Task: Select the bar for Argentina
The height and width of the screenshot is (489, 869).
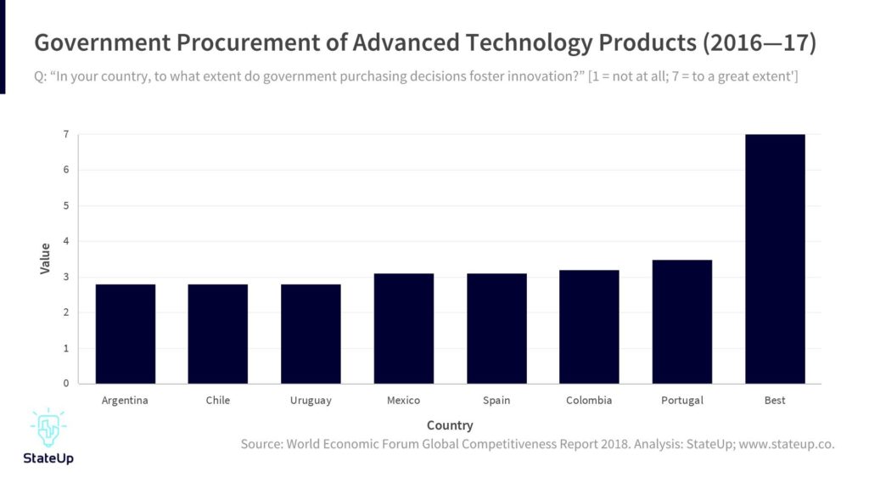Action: click(125, 334)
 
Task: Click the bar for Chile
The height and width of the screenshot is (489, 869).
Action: click(218, 334)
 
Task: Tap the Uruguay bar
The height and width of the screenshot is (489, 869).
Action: click(311, 334)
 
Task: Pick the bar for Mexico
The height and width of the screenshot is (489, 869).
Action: click(403, 329)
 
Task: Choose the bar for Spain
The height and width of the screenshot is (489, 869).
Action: click(496, 329)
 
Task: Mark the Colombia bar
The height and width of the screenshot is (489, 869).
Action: click(589, 327)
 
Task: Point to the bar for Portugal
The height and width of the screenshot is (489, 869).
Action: click(682, 322)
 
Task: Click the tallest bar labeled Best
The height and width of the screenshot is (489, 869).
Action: click(775, 259)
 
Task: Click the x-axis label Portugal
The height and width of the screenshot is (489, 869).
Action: click(682, 401)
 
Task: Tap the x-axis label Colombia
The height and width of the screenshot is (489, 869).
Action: click(589, 401)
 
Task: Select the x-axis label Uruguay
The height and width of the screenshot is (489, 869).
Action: click(311, 401)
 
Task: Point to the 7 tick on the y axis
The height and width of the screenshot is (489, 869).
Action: click(65, 134)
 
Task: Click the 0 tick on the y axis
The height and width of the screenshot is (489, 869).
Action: click(65, 384)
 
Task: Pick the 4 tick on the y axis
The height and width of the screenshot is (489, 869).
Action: click(65, 241)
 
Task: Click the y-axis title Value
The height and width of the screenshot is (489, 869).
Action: click(45, 258)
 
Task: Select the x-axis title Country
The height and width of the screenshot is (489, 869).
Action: click(450, 425)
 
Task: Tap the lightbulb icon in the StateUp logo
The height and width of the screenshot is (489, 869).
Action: click(48, 429)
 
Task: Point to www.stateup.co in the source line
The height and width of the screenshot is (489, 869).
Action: click(787, 444)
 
